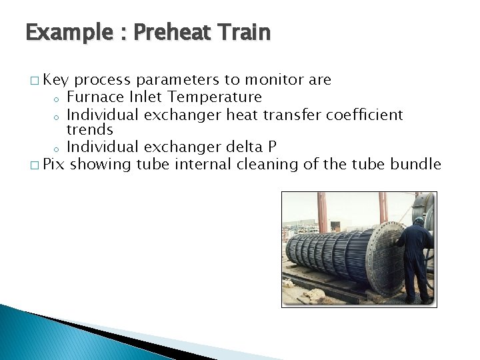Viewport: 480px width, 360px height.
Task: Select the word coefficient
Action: [x=365, y=115]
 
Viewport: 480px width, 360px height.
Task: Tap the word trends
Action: [x=90, y=129]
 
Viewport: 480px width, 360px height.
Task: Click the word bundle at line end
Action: [x=416, y=164]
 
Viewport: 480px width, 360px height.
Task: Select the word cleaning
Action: [x=266, y=164]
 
